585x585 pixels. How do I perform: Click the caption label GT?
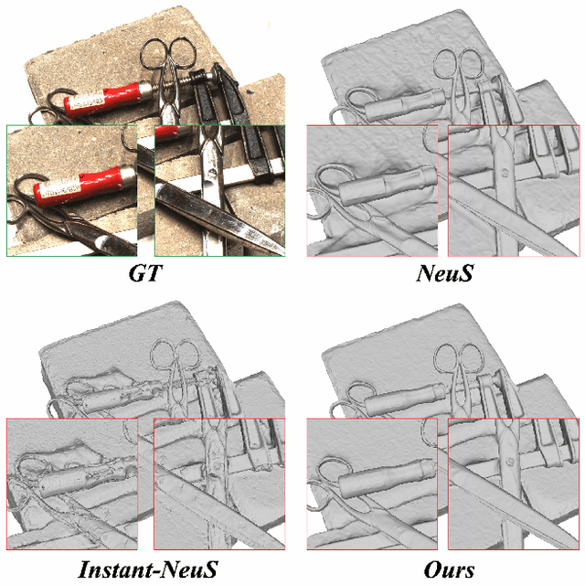click(145, 273)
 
